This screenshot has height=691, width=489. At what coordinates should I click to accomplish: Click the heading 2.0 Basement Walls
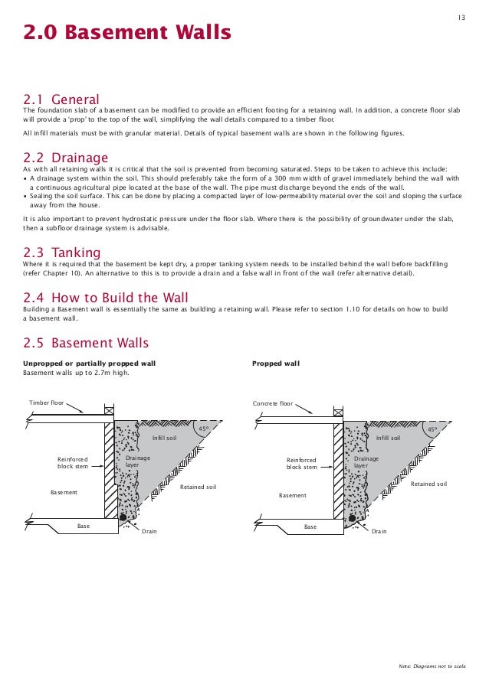126,33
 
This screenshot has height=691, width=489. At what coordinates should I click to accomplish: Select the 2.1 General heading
61,99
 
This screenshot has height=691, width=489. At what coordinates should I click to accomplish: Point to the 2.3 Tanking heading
61,253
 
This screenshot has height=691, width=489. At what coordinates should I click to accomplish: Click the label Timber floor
46,403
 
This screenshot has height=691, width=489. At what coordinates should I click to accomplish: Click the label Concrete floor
273,403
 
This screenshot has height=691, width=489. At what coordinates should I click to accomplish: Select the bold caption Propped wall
276,363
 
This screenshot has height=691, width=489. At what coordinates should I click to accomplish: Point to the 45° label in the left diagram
205,429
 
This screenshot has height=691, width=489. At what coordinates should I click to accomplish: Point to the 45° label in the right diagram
432,429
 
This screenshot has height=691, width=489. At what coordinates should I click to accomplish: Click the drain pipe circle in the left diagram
123,518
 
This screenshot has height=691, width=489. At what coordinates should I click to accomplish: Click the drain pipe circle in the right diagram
354,518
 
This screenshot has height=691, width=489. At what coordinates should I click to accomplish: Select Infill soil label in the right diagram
389,438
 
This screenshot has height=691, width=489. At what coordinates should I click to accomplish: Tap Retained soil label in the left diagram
198,487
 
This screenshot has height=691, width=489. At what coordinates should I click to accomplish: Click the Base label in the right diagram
310,526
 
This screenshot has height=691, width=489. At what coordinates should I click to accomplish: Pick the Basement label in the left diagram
64,492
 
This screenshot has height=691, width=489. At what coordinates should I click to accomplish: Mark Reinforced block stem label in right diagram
301,463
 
